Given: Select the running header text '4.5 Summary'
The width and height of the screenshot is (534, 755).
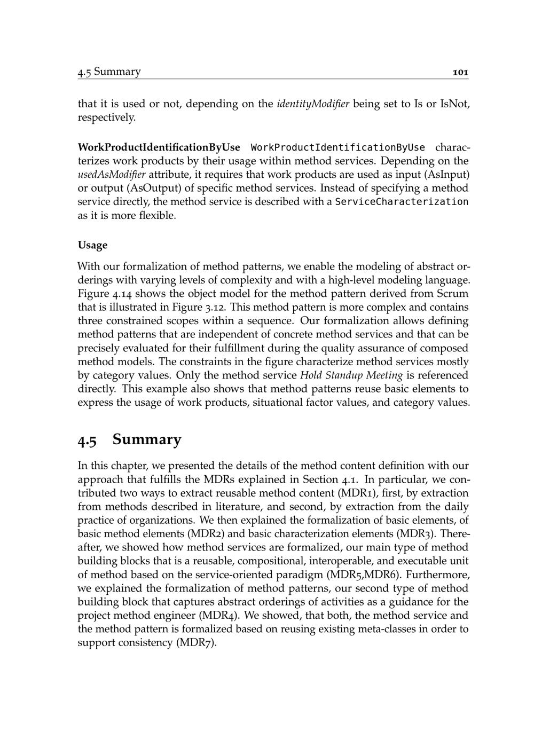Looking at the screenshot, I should pos(109,72).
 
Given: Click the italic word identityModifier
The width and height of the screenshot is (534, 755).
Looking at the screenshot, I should pos(313,104).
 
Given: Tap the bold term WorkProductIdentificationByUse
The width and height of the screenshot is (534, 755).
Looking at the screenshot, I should pos(159,147).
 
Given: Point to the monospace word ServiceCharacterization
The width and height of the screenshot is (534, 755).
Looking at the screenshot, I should pos(402,202).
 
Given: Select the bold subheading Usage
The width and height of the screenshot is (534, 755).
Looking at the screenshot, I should pos(92,245).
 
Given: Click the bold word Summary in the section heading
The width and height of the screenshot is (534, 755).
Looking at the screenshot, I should pos(147,439).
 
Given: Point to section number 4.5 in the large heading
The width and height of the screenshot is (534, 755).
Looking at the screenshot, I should pos(88,440).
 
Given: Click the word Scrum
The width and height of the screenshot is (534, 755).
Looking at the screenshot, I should pos(453,294).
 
